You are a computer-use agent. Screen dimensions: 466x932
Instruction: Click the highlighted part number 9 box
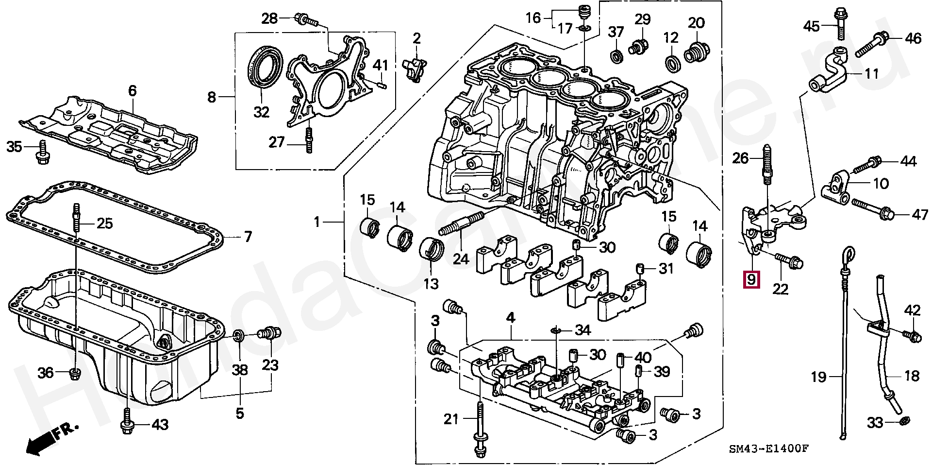[x=751, y=280]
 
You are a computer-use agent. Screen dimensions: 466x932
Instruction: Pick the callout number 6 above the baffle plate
[x=133, y=91]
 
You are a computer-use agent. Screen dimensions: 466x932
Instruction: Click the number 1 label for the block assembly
[x=316, y=223]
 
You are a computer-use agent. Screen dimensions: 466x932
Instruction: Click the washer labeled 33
[x=903, y=420]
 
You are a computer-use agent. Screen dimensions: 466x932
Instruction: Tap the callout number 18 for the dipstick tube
[x=912, y=376]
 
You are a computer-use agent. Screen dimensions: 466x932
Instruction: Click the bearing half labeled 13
[x=431, y=252]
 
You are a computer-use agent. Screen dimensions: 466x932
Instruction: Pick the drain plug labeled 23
[x=268, y=333]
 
